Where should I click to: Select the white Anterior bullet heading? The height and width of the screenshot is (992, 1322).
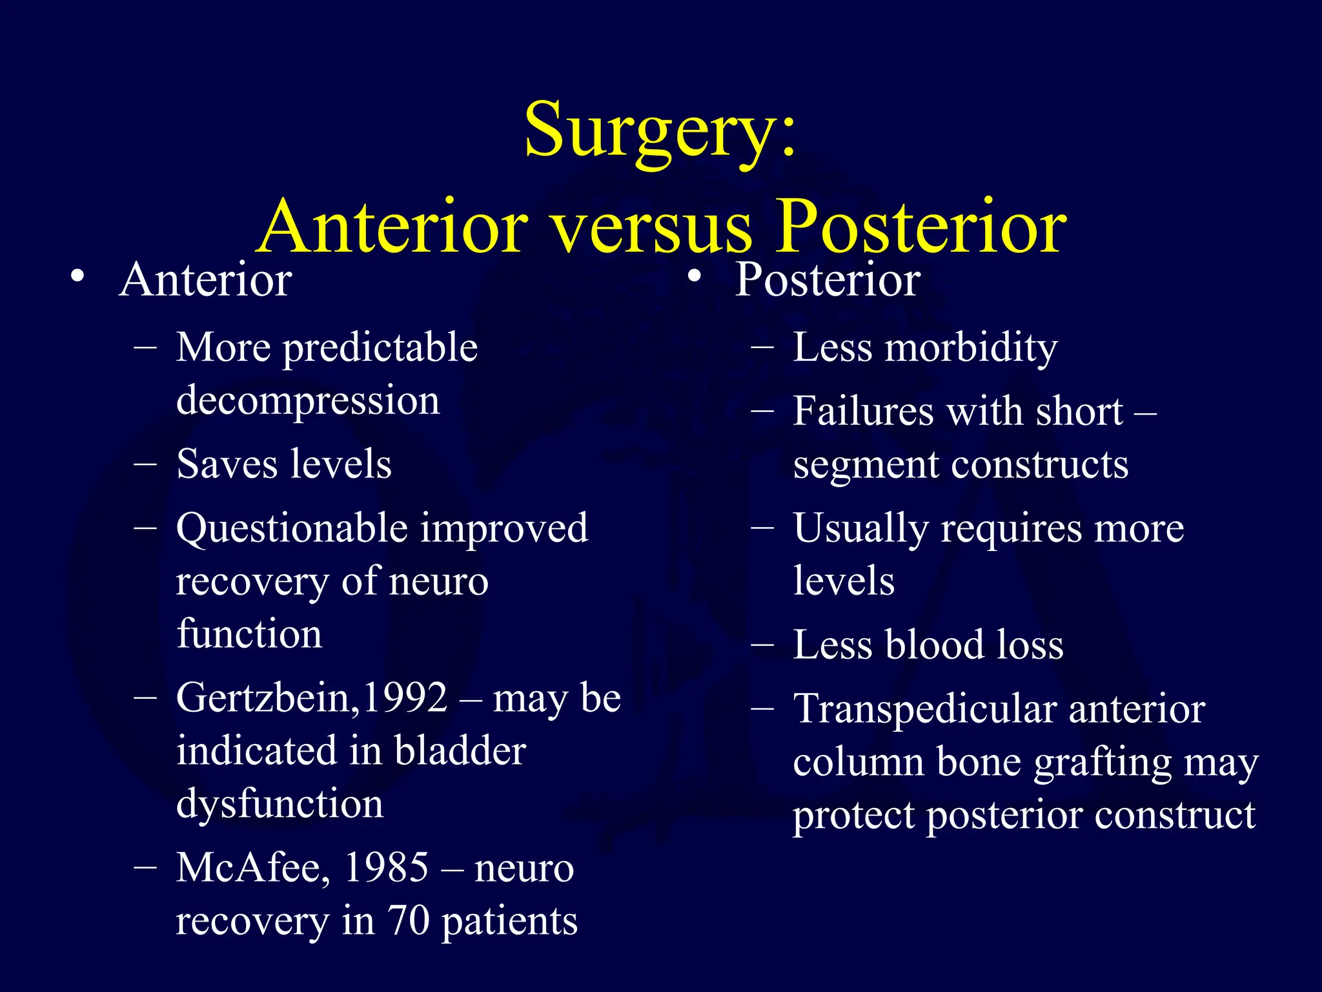[x=205, y=280]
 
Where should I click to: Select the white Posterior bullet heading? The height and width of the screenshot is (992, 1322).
[x=828, y=280]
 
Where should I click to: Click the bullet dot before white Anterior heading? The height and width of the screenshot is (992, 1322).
[x=77, y=277]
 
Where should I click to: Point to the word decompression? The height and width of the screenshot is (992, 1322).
[x=308, y=400]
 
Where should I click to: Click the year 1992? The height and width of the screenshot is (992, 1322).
[x=404, y=698]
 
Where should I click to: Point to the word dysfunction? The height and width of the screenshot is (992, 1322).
[x=280, y=805]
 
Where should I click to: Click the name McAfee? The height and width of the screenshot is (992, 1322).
[x=248, y=868]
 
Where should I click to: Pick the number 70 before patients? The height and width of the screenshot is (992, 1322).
[x=409, y=921]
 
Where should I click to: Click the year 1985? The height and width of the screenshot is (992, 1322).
[x=386, y=868]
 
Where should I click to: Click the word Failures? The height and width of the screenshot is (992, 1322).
[x=863, y=411]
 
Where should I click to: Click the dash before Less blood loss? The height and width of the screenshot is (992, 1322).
[x=762, y=645]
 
